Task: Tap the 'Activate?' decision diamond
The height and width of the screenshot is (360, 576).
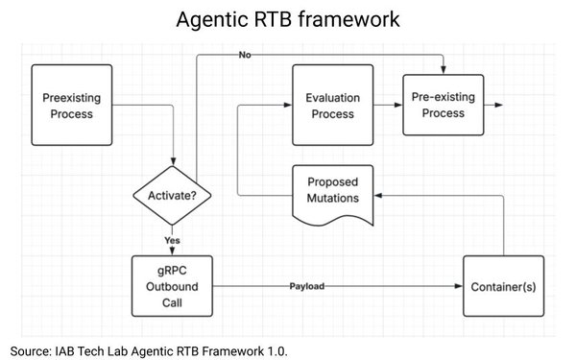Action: click(173, 197)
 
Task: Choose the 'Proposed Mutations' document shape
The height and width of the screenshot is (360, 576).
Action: click(333, 191)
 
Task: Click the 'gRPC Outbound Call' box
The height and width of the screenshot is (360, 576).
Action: click(173, 286)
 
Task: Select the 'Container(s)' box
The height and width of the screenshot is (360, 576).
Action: click(504, 286)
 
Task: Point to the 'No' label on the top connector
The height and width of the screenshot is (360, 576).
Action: click(245, 55)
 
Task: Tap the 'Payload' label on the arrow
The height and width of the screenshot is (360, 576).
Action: click(308, 286)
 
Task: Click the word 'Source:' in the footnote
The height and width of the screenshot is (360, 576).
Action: click(32, 350)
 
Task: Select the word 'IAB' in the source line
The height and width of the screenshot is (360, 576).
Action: click(70, 350)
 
